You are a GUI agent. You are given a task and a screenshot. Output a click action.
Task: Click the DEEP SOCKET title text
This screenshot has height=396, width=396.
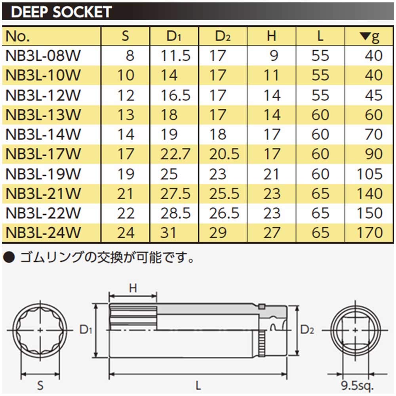tap(62, 12)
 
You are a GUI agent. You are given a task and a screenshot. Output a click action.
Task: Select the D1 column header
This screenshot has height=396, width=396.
tap(173, 36)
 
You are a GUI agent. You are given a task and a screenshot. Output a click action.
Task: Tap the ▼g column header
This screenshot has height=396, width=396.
tap(369, 36)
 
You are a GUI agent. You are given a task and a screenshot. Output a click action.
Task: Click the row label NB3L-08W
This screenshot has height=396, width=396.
tap(44, 56)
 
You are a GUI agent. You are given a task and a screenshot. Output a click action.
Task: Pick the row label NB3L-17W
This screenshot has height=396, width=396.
tap(44, 154)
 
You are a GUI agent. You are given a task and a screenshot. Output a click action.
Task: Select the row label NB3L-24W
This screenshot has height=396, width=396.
tap(44, 232)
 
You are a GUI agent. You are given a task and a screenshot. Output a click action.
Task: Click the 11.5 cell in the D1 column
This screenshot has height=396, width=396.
tap(175, 56)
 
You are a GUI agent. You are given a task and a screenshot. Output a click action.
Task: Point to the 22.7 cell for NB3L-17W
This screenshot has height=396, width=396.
tap(175, 154)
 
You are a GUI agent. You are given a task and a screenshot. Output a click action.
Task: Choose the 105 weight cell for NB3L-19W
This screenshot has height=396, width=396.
tap(369, 174)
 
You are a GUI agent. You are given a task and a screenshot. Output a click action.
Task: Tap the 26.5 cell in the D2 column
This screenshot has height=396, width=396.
tap(225, 213)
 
